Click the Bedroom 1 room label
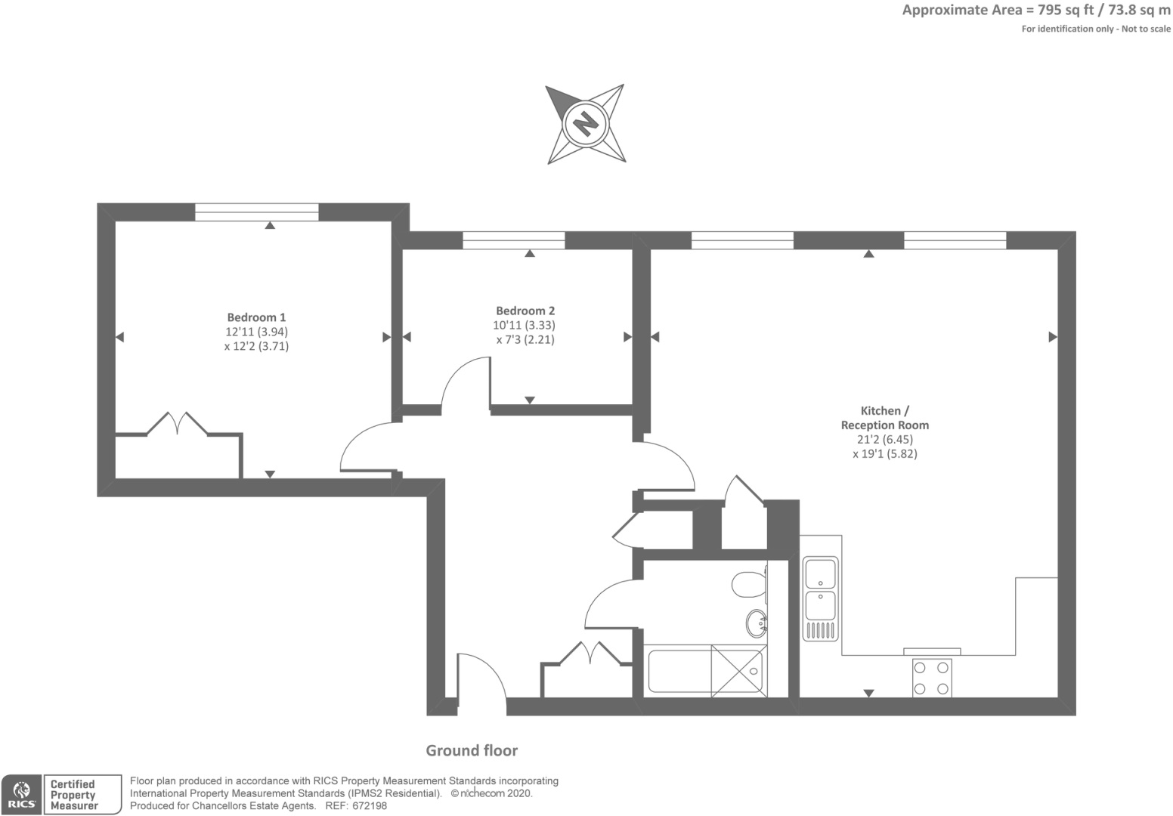point(256,317)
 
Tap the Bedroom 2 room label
point(525,311)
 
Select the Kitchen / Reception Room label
point(885,418)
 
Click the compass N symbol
point(586,125)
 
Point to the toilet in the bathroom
point(749,584)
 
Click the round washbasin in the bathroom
point(756,623)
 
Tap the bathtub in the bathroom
point(705,671)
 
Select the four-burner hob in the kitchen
point(932,678)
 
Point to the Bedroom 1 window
point(257,212)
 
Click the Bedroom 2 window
point(514,240)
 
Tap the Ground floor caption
point(472,750)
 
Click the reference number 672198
point(370,806)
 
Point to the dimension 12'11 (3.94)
point(257,332)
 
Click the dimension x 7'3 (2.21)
point(525,340)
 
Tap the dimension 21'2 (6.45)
point(885,440)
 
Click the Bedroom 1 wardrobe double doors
point(178,424)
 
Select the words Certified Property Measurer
point(74,795)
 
